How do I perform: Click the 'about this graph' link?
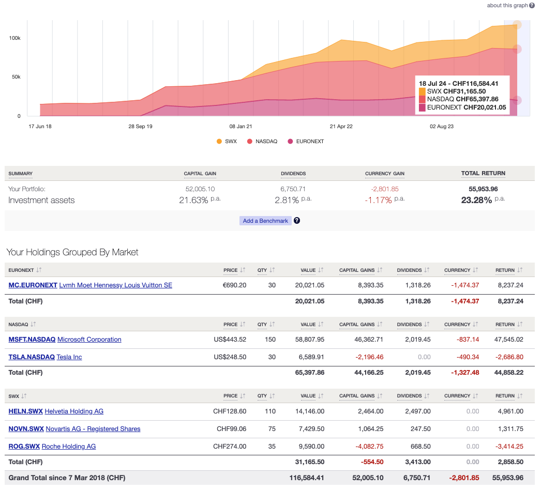pos(507,5)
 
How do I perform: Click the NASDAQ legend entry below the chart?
pos(266,141)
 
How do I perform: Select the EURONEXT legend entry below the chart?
pos(309,141)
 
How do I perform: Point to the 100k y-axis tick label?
pos(14,38)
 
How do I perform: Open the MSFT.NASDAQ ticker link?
pos(32,340)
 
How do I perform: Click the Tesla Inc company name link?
pos(69,357)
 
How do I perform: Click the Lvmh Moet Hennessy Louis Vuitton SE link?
pos(115,285)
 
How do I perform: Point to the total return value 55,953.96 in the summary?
pos(483,189)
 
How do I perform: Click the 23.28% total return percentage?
pos(476,200)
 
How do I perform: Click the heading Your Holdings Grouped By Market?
pos(72,252)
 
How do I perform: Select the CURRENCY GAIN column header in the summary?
pos(384,174)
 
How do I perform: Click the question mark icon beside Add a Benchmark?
pos(297,221)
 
